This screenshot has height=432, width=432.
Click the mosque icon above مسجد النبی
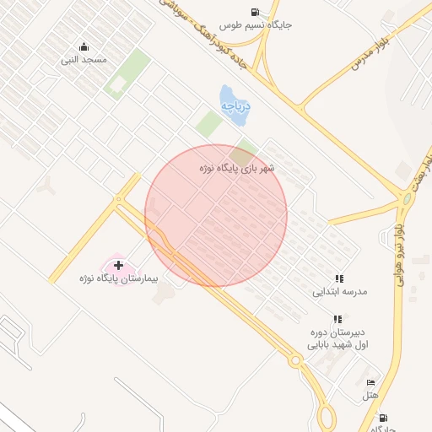[x=84, y=47]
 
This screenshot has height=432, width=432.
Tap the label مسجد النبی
[x=84, y=61]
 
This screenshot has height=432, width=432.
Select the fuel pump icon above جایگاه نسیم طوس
[x=255, y=12]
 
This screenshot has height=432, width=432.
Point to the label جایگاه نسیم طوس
[x=256, y=25]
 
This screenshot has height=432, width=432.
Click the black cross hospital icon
[x=118, y=266]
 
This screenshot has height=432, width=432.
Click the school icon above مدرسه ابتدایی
[x=339, y=278]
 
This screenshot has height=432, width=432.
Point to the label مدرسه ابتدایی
[x=340, y=292]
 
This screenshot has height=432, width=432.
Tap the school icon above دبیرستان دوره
[x=337, y=319]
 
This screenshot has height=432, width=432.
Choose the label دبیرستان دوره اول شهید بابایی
[x=337, y=338]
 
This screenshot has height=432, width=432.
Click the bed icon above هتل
[x=370, y=382]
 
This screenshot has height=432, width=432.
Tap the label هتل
[x=370, y=395]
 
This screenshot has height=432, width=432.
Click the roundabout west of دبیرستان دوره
[x=295, y=361]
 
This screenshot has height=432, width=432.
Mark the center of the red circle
[x=216, y=216]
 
